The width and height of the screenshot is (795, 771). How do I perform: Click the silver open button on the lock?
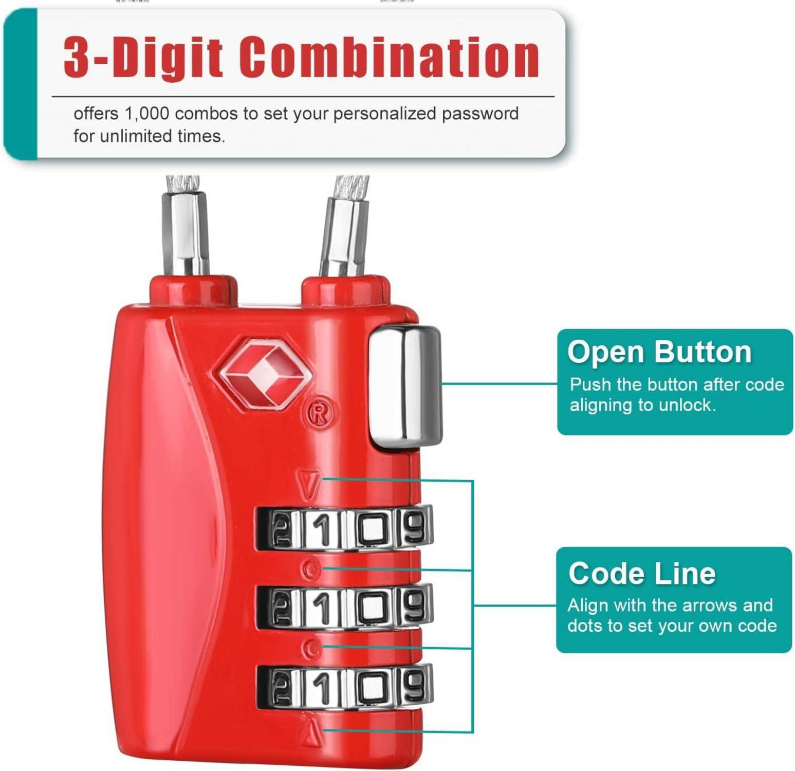pyautogui.click(x=405, y=387)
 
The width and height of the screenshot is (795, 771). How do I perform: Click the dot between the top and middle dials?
pyautogui.click(x=311, y=569)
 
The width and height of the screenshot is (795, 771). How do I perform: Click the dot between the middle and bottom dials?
pyautogui.click(x=310, y=649)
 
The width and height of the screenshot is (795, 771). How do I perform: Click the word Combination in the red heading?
pyautogui.click(x=390, y=58)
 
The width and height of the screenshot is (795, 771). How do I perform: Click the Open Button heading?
pyautogui.click(x=659, y=353)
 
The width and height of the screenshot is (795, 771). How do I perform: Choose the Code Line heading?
pyautogui.click(x=642, y=574)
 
